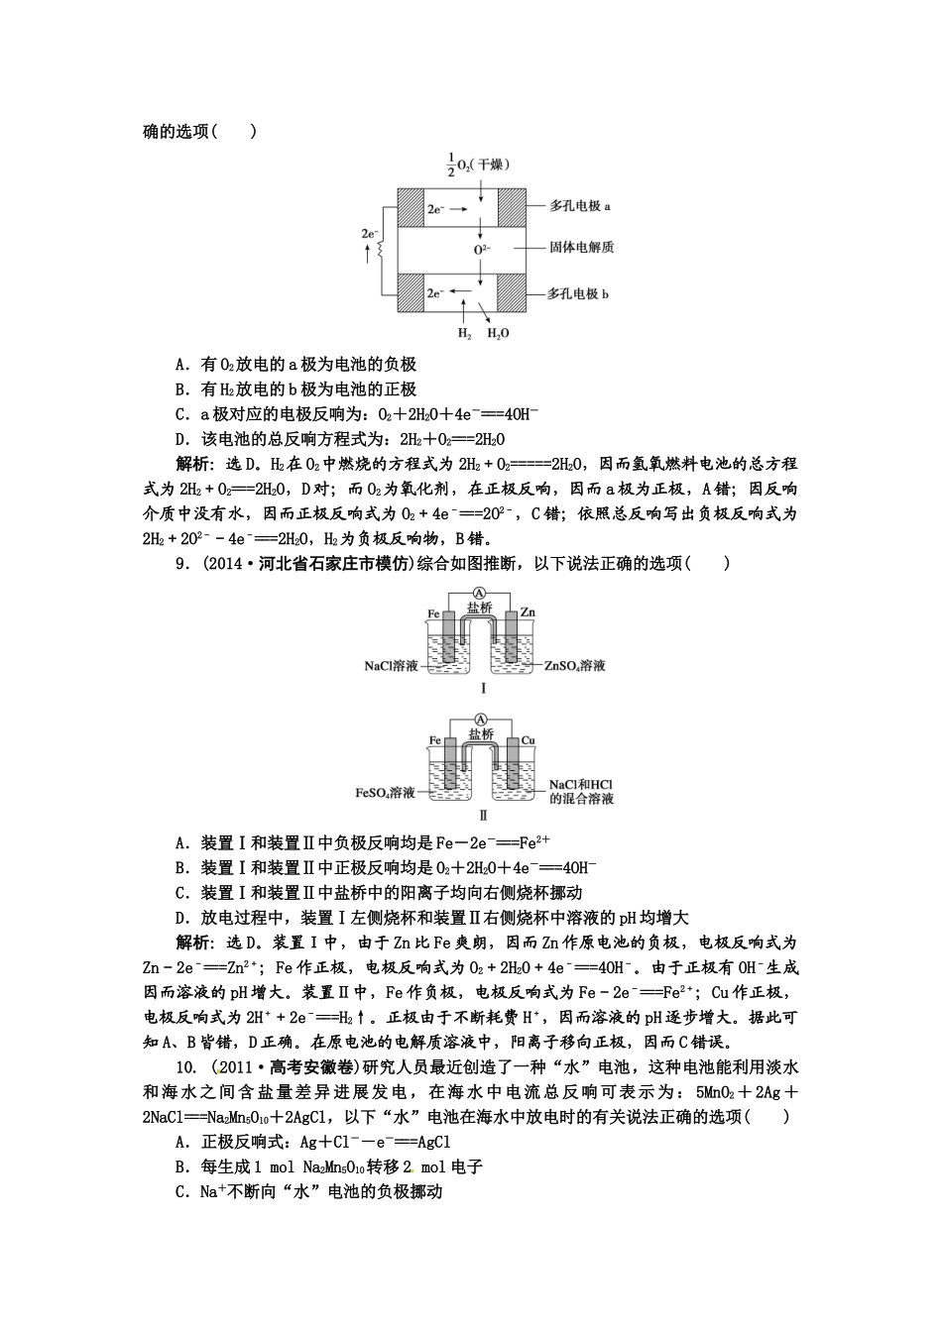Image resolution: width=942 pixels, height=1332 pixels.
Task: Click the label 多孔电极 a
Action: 580,206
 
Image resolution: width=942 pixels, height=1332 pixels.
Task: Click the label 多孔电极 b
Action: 580,293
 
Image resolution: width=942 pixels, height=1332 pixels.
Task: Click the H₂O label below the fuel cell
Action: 497,334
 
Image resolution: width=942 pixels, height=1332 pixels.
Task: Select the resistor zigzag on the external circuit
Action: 380,251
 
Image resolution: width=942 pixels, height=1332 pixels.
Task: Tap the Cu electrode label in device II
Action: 528,740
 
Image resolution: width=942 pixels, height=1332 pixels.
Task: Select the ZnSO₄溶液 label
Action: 574,666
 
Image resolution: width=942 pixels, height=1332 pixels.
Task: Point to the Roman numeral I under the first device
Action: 483,688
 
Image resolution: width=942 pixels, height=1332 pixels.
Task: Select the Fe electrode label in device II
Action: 434,740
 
